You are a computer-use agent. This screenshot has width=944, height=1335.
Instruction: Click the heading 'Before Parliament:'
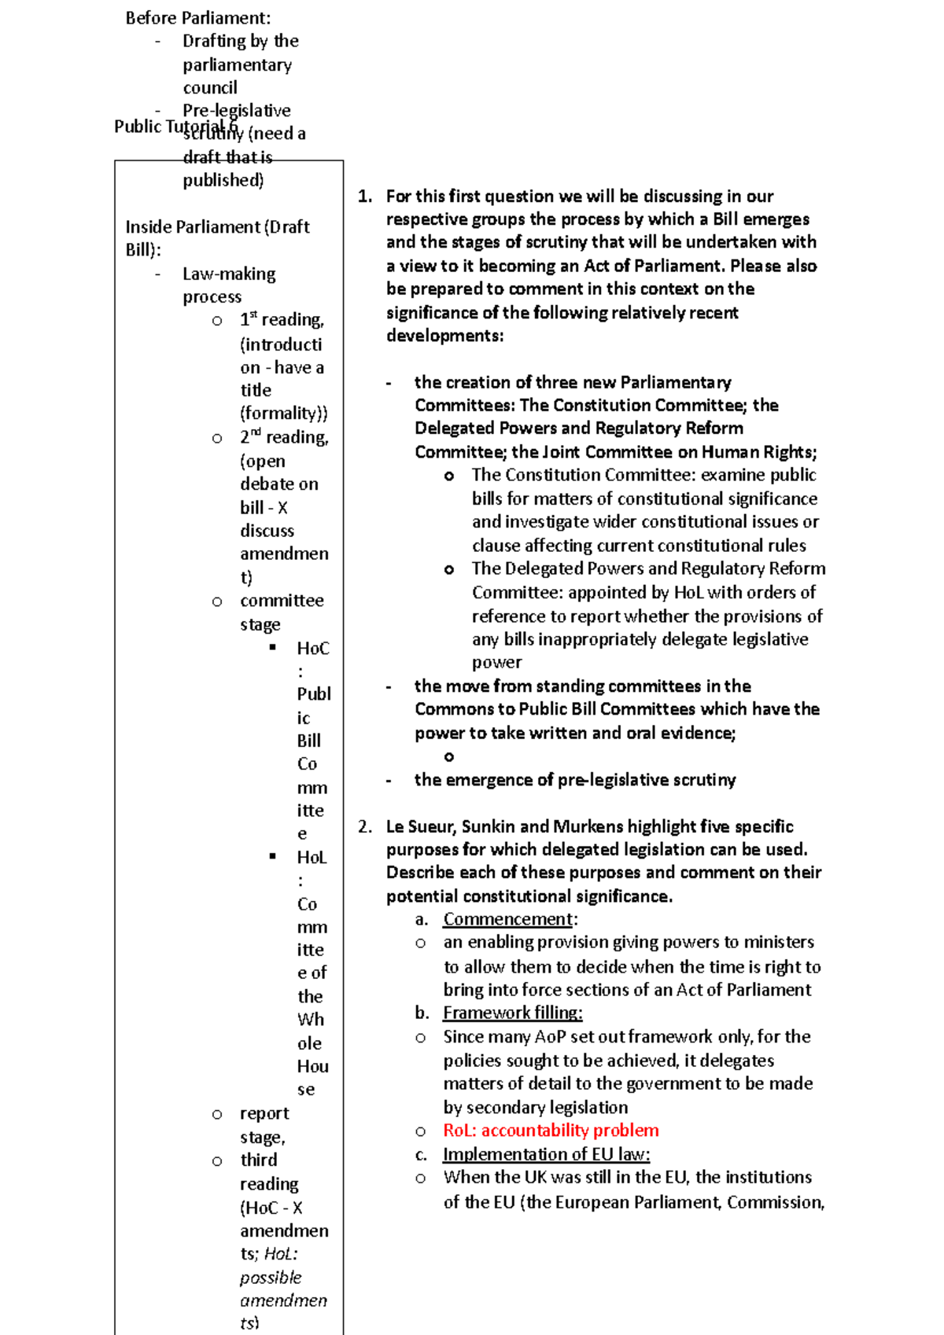point(197,18)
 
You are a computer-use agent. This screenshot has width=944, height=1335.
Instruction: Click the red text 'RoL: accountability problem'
point(551,1131)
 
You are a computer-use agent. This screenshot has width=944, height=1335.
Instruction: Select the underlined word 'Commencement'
point(507,919)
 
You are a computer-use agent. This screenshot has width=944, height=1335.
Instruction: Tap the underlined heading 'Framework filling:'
point(512,1013)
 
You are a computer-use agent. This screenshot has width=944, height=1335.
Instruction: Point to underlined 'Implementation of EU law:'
point(546,1154)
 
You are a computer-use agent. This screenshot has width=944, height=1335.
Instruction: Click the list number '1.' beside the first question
point(365,197)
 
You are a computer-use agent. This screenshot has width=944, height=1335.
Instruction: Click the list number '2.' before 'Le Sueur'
point(365,827)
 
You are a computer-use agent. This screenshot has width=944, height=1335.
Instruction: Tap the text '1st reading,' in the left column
point(282,320)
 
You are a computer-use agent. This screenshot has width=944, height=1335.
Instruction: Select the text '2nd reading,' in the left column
point(284,437)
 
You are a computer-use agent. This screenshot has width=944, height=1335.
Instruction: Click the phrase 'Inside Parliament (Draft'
point(217,227)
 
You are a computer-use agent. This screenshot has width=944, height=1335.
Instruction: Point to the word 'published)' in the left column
point(223,180)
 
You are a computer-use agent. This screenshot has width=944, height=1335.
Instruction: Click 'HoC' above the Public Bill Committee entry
point(313,649)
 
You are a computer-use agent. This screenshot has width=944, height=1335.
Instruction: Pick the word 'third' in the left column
point(259,1160)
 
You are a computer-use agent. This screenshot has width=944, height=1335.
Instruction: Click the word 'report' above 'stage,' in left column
point(264,1114)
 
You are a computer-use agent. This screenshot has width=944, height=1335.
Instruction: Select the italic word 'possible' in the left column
point(271,1278)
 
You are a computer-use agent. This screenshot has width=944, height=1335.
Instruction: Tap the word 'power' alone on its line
point(496,663)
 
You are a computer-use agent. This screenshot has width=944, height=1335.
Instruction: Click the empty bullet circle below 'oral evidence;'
point(449,757)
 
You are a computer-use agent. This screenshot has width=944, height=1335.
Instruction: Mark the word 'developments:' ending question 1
point(444,336)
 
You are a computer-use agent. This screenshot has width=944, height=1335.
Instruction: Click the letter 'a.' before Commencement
point(422,920)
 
